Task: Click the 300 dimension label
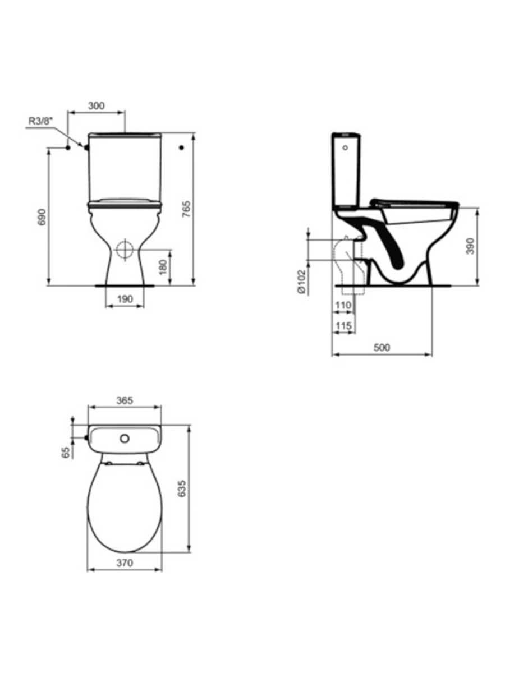pos(97,105)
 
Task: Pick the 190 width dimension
pos(125,299)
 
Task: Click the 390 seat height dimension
pos(470,246)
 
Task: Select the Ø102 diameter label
pos(301,282)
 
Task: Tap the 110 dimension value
pos(343,305)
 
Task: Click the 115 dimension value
pos(343,326)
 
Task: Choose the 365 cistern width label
pos(124,400)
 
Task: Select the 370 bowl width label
pos(124,564)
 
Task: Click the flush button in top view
pos(125,438)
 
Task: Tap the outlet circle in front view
pos(125,250)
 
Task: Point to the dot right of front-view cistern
pos(181,147)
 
